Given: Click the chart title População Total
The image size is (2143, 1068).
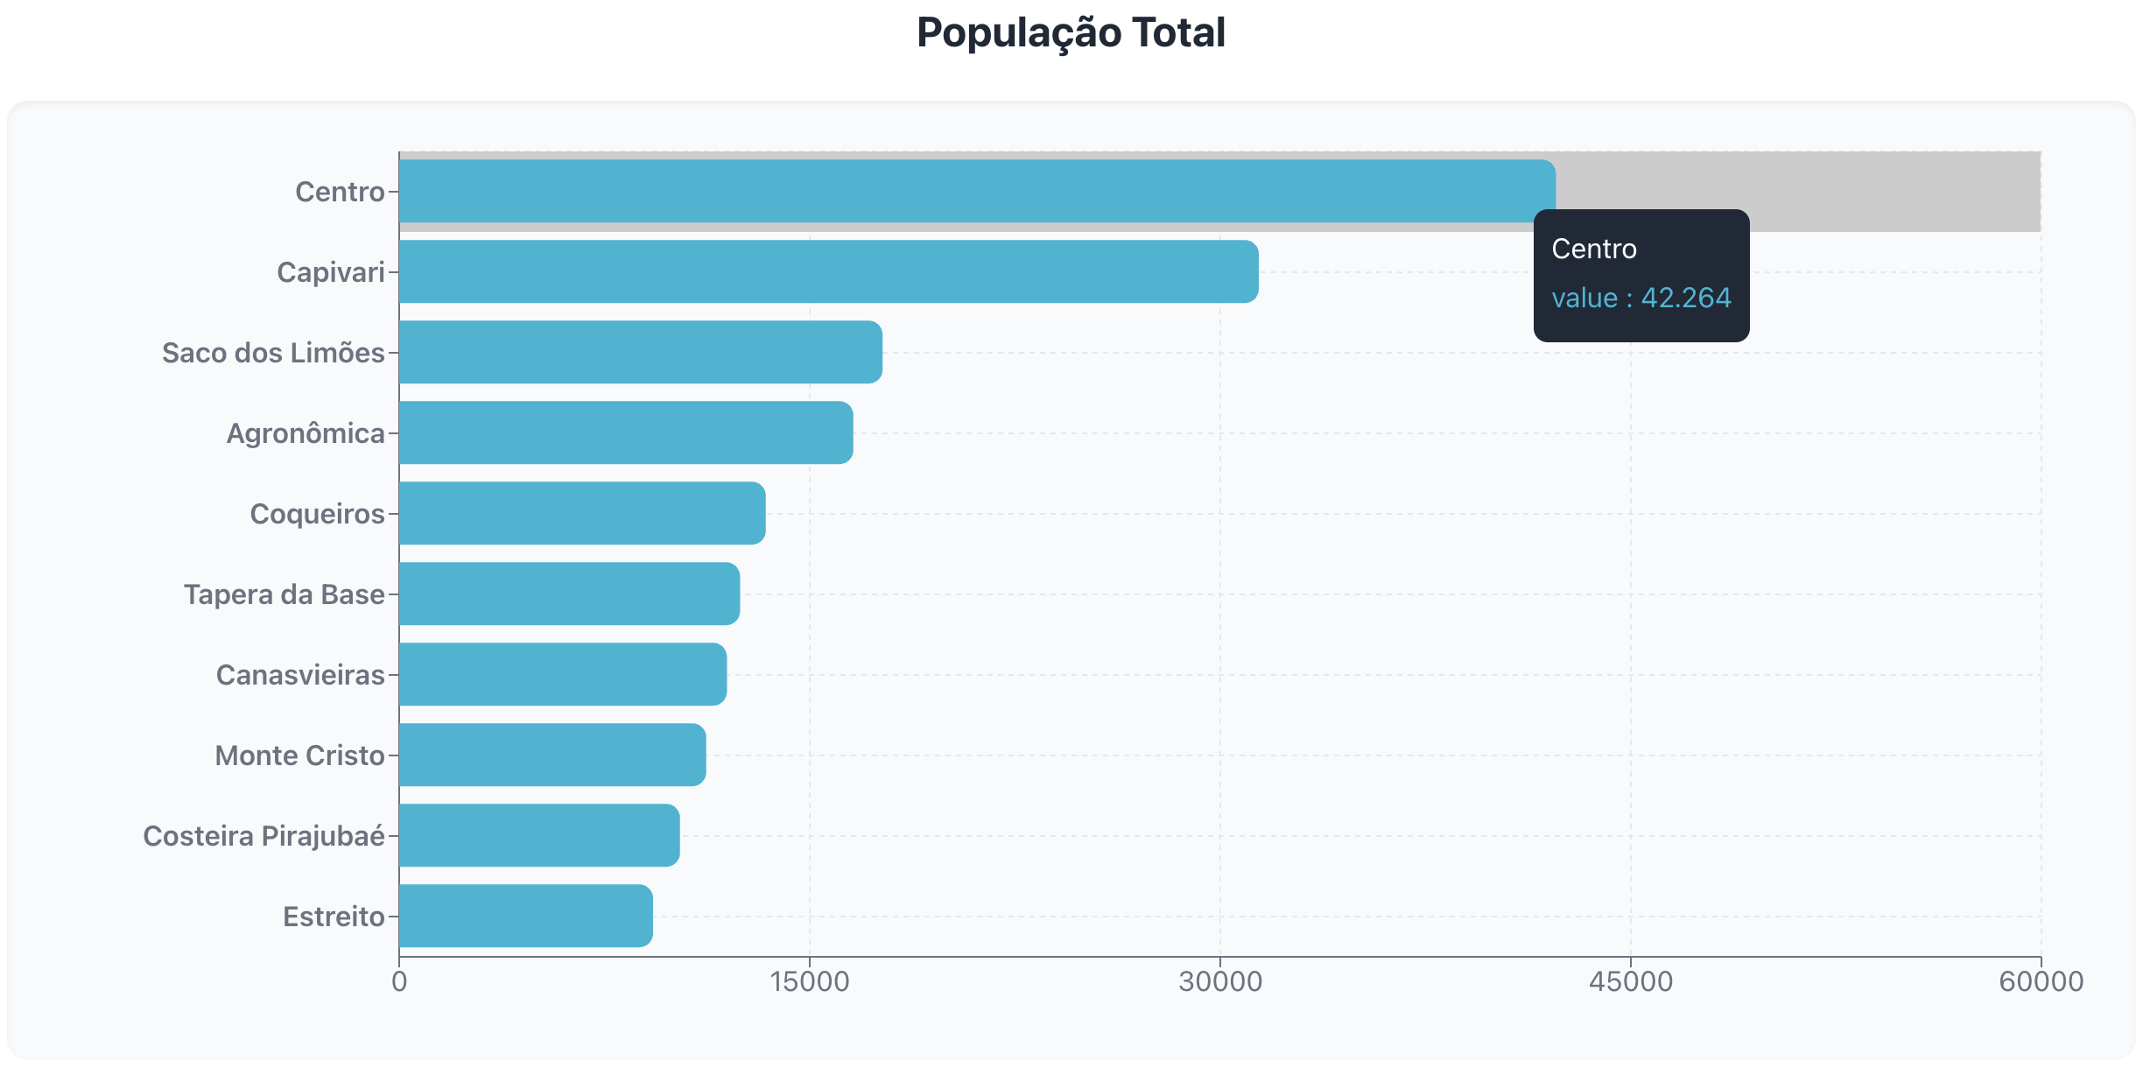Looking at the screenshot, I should [1071, 33].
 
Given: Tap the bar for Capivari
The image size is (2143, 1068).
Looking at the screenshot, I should [828, 271].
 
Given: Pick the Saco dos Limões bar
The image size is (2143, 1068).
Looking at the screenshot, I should [640, 352].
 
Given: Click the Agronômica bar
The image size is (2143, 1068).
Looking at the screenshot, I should [625, 432].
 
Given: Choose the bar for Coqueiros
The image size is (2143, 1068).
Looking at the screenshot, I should [581, 513].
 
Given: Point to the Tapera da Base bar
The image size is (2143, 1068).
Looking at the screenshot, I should [569, 594].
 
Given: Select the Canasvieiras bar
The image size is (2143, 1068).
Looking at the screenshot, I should [562, 674].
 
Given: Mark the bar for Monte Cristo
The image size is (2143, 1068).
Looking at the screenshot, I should [552, 755].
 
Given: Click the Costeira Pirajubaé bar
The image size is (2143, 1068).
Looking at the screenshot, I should [538, 835].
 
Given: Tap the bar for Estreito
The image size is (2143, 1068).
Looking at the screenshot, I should [525, 916].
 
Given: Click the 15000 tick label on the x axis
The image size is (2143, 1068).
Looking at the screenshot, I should [809, 981].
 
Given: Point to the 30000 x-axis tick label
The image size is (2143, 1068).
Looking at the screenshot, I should [1219, 981].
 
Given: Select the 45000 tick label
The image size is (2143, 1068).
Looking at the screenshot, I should [1630, 981].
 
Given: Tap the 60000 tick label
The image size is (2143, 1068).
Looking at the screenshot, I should [2041, 981].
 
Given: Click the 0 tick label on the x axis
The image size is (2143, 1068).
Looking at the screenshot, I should [399, 981].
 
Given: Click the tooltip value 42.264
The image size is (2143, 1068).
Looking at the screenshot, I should [1685, 298].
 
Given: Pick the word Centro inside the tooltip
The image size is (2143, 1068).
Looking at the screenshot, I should [1593, 249].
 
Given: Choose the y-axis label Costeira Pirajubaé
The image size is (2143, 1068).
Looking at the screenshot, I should [263, 836].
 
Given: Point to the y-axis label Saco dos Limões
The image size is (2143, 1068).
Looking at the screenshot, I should [273, 353].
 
